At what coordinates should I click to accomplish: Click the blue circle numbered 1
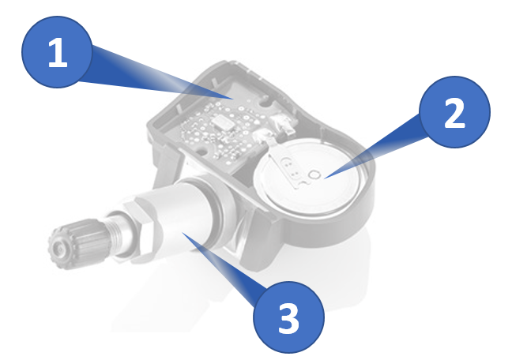57,52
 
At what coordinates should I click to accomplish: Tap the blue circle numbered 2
454,112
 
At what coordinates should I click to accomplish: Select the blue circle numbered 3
288,317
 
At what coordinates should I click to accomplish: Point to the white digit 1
58,53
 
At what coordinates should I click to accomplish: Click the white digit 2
454,113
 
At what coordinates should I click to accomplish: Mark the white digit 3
288,318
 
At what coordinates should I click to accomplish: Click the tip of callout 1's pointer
234,98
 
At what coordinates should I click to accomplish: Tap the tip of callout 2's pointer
324,178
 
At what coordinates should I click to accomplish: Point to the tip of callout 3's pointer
182,232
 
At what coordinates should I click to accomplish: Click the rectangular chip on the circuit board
223,123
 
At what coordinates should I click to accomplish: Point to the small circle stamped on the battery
314,174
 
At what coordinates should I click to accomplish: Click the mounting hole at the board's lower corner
201,152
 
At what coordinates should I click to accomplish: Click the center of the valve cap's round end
60,249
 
